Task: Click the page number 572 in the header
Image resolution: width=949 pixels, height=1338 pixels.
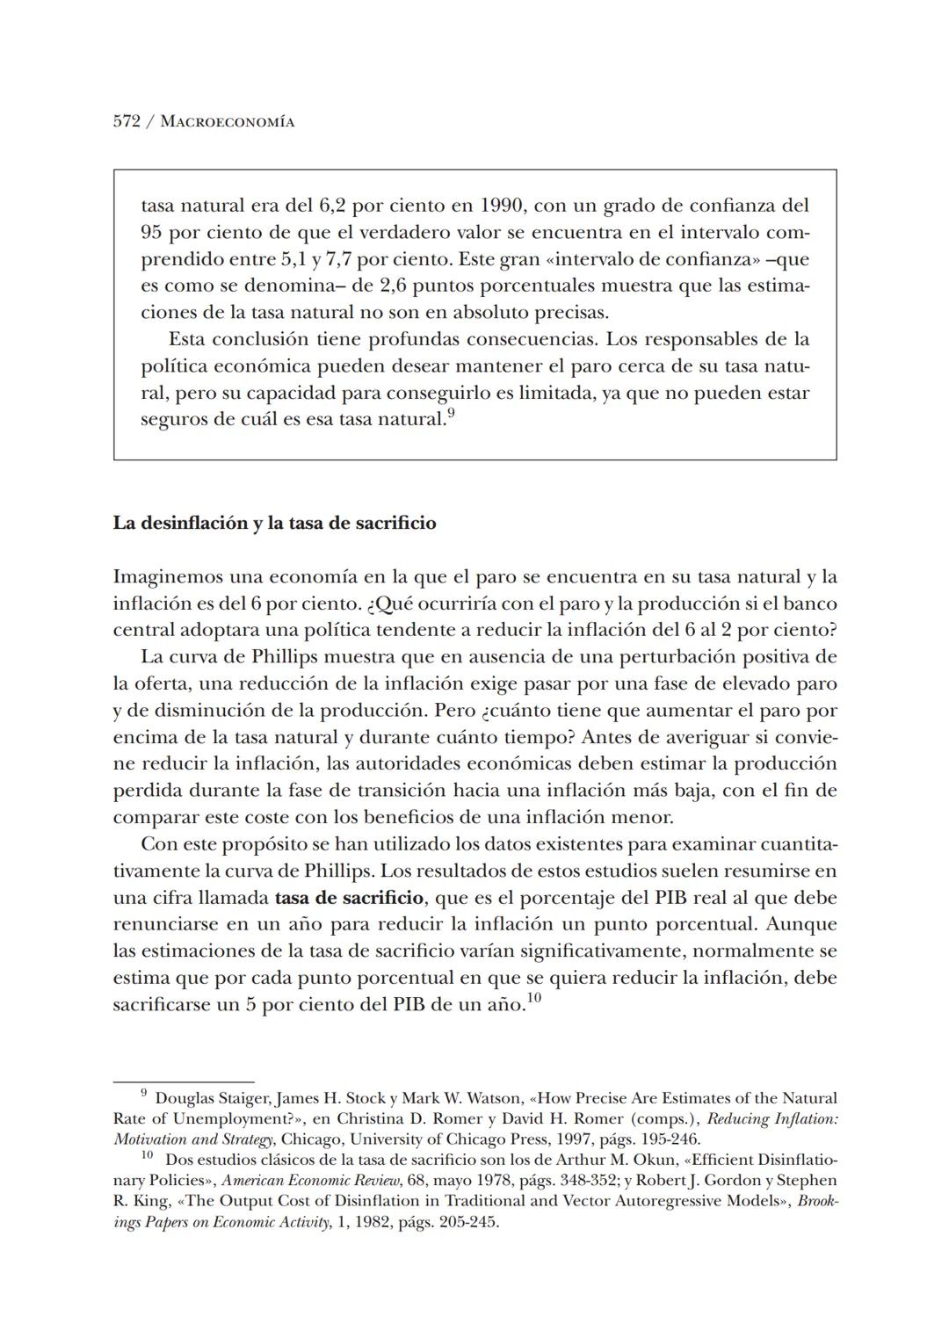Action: (127, 122)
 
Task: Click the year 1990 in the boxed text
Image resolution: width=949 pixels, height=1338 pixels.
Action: (502, 206)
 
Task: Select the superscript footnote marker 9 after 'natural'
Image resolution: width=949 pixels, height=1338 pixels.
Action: (451, 413)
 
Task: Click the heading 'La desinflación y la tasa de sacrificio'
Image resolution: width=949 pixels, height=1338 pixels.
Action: (274, 524)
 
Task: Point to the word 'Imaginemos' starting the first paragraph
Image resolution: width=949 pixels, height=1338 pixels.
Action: (167, 577)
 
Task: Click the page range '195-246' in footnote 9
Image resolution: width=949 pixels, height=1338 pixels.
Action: (672, 1139)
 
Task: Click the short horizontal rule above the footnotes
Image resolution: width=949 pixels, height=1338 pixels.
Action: (184, 1081)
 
